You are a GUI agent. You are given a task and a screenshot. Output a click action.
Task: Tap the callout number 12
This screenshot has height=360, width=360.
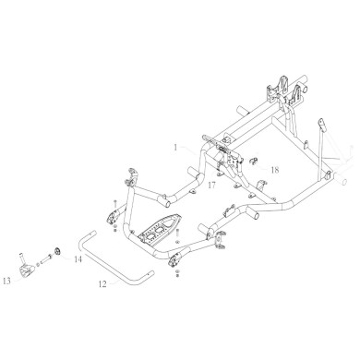tap(102, 285)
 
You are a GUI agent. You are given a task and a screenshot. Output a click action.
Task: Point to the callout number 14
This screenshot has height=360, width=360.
tap(78, 261)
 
